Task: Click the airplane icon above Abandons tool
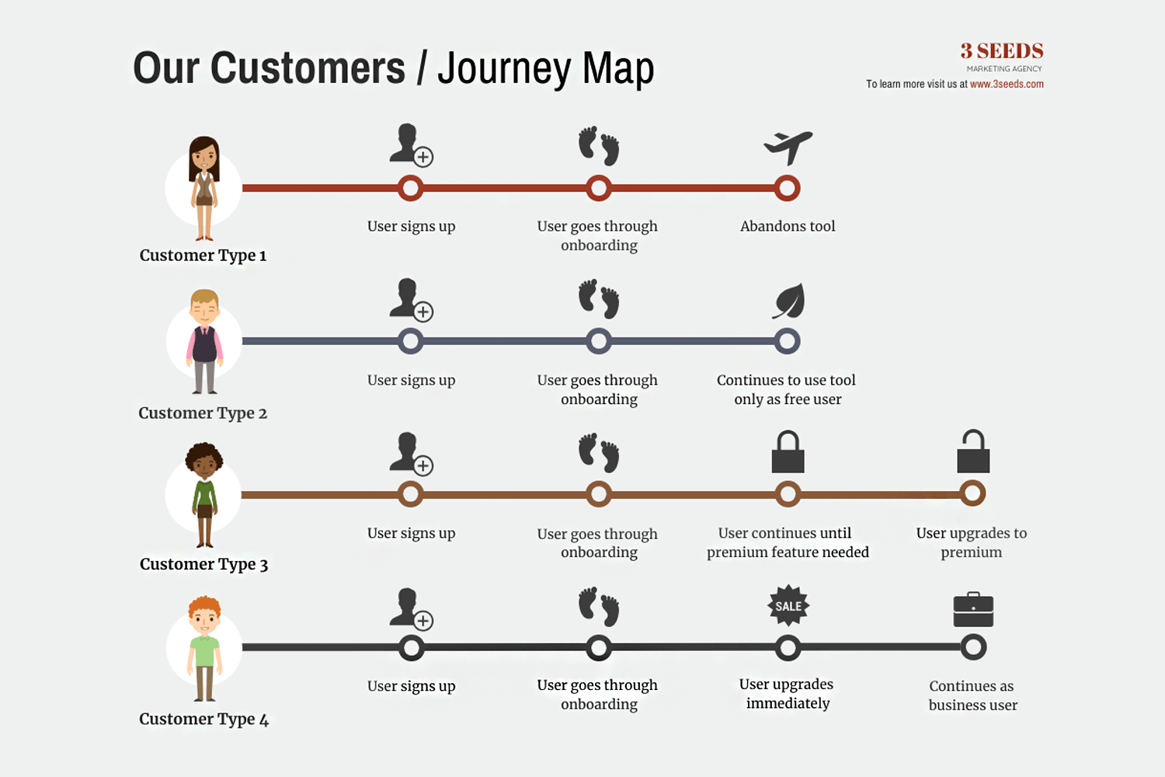pos(788,148)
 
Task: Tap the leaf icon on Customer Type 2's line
pos(788,301)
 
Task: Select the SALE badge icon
pos(788,605)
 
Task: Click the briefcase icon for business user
pos(973,609)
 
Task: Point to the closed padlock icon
pos(788,451)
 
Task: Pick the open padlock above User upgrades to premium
pos(973,451)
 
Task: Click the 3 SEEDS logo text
pos(1002,51)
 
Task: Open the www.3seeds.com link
pos(1007,84)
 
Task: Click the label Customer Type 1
pos(203,256)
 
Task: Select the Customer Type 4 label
pos(203,720)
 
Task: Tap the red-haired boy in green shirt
pos(204,649)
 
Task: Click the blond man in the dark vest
pos(204,341)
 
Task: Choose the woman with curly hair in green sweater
pos(204,495)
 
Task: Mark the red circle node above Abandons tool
pos(788,188)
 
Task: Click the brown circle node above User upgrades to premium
pos(972,493)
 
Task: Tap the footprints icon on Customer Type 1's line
pos(599,146)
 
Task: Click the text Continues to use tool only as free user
pos(787,389)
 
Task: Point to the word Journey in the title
pos(504,69)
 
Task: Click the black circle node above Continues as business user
pos(973,647)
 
